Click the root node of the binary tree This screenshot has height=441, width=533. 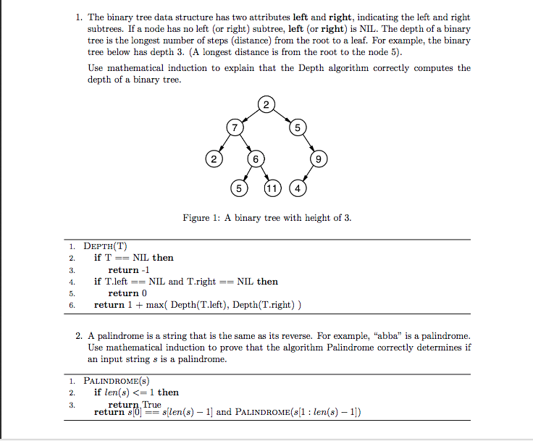coord(266,106)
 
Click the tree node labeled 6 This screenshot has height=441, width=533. coord(255,158)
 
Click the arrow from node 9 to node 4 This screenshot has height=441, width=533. coord(309,174)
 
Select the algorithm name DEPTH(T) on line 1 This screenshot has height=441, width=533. coord(106,245)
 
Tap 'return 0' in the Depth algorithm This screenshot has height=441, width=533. coord(127,293)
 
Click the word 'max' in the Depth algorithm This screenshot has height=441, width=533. coord(154,305)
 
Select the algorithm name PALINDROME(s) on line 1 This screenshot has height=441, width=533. coord(117,380)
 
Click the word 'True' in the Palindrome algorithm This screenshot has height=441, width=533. coord(152,404)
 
